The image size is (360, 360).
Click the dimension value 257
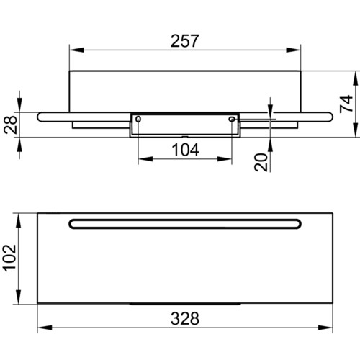pos(184,41)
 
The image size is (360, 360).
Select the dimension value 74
pos(346,104)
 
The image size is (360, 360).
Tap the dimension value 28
pos(11,125)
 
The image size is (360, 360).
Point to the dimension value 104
pos(185,150)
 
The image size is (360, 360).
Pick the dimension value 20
pos(261,163)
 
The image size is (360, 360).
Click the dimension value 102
pos(10,258)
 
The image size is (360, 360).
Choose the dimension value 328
pos(185,319)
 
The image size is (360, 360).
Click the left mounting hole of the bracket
pos(138,119)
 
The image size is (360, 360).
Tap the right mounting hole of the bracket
pos(232,119)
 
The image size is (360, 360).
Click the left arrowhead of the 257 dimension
pos(77,50)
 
